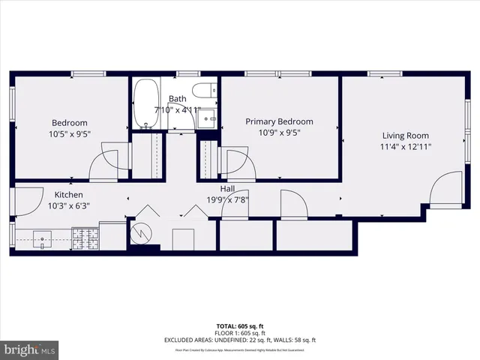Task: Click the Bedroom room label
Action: tap(69, 123)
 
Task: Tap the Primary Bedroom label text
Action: tap(280, 121)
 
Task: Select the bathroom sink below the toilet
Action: tap(209, 118)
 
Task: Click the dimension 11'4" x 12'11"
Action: tap(405, 147)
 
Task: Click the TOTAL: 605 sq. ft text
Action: tap(239, 326)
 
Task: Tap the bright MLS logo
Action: tap(30, 350)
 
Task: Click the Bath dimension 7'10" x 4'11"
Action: tap(178, 109)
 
